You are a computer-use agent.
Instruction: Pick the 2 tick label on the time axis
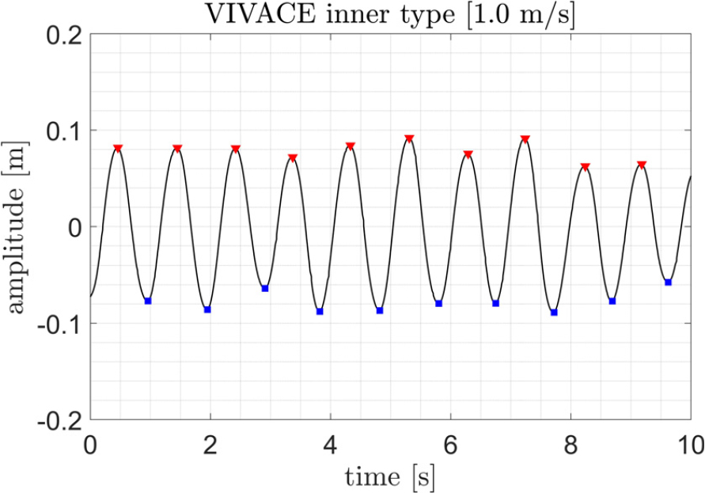210,445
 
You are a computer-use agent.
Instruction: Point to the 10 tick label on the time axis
688,445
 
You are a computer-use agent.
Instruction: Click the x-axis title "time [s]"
390,476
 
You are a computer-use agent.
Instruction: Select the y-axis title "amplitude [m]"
17,226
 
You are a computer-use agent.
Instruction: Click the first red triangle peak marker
118,148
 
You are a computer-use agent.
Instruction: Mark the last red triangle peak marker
642,165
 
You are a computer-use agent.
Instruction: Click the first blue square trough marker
148,301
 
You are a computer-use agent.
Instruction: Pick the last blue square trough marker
669,283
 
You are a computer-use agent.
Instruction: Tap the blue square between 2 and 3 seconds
265,288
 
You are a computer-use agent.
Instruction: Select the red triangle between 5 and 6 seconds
409,138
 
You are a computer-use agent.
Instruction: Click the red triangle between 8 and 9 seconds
586,166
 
